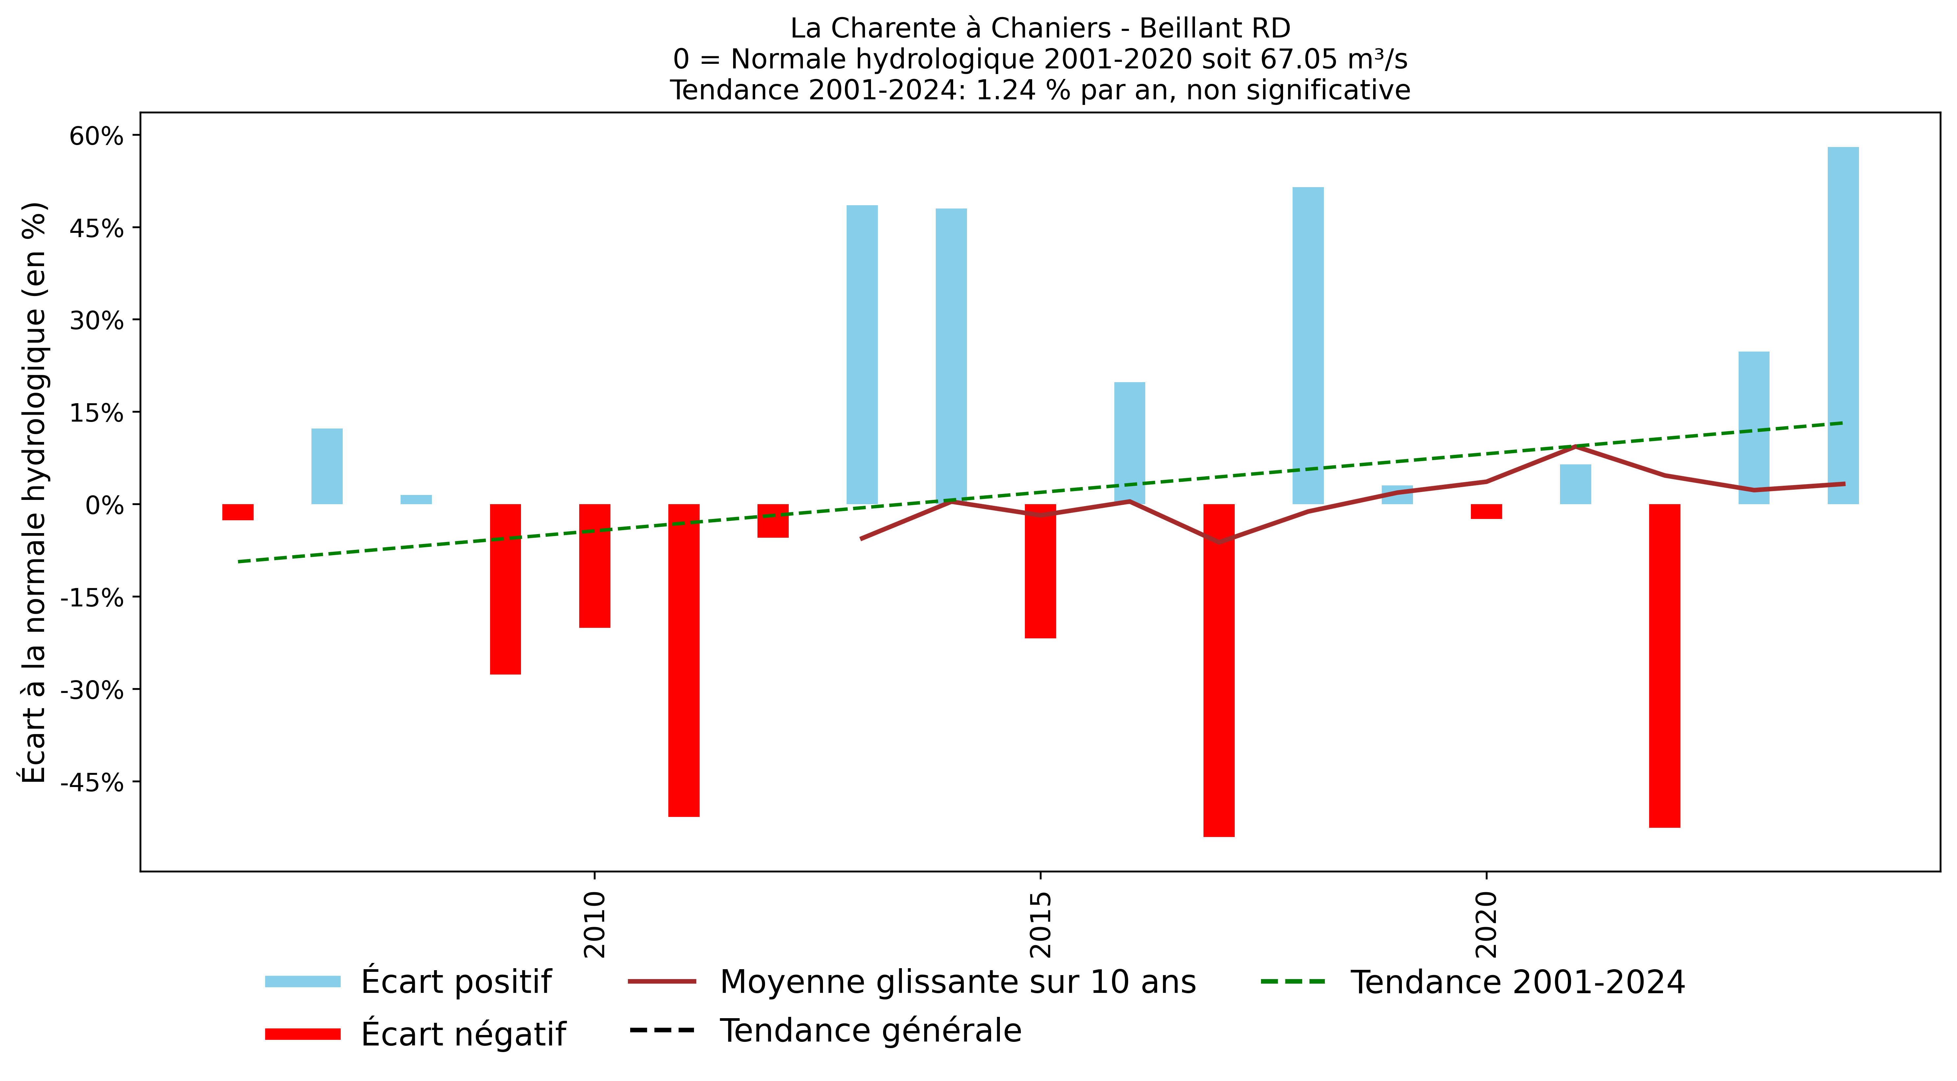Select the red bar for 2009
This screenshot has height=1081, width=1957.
[505, 589]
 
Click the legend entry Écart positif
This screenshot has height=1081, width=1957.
[456, 981]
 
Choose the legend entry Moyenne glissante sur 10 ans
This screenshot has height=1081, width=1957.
[957, 981]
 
